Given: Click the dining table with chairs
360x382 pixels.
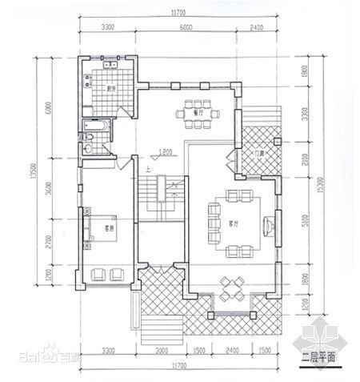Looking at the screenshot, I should pos(194,113).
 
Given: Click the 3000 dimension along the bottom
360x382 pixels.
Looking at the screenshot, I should pos(161,351).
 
